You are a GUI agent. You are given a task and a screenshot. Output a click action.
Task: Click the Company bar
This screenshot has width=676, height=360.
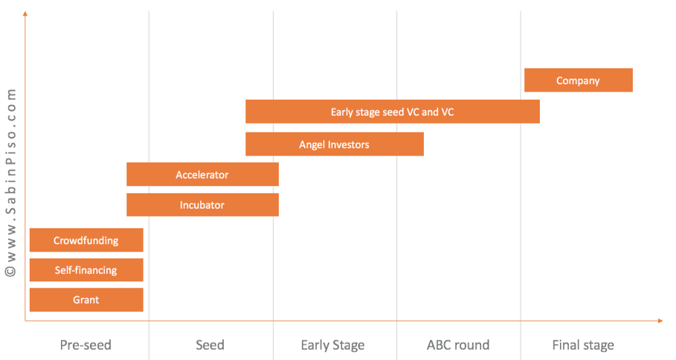click(x=578, y=80)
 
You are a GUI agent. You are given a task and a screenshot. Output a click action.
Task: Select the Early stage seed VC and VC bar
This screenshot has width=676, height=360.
click(x=393, y=112)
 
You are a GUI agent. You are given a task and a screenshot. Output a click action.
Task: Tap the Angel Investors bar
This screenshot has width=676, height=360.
click(x=335, y=144)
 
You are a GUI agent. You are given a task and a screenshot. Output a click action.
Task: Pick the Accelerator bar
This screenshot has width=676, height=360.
click(x=202, y=174)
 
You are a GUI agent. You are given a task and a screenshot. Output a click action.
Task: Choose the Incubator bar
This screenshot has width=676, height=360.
click(x=202, y=205)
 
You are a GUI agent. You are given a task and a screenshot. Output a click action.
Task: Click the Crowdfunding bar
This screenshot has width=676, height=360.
click(x=86, y=240)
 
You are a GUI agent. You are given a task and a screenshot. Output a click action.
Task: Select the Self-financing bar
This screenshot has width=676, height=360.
click(x=86, y=270)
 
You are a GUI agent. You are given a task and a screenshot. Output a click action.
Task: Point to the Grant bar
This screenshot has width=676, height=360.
click(x=86, y=300)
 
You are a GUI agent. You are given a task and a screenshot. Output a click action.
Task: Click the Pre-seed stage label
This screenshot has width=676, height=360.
click(x=86, y=345)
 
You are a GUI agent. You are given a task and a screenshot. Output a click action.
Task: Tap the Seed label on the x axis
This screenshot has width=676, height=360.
click(x=210, y=345)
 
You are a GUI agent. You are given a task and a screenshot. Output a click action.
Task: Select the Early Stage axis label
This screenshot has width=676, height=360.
click(x=332, y=345)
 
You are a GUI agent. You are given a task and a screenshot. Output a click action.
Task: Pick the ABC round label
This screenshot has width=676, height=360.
click(x=458, y=345)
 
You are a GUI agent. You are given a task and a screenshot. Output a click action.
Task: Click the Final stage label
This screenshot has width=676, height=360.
click(x=583, y=345)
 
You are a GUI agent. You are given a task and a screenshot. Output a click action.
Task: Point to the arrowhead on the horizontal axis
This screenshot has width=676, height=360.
click(x=660, y=321)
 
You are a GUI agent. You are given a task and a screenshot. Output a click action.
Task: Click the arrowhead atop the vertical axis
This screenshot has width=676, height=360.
click(x=25, y=14)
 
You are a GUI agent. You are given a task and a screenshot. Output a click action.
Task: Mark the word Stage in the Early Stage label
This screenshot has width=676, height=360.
click(x=348, y=346)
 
